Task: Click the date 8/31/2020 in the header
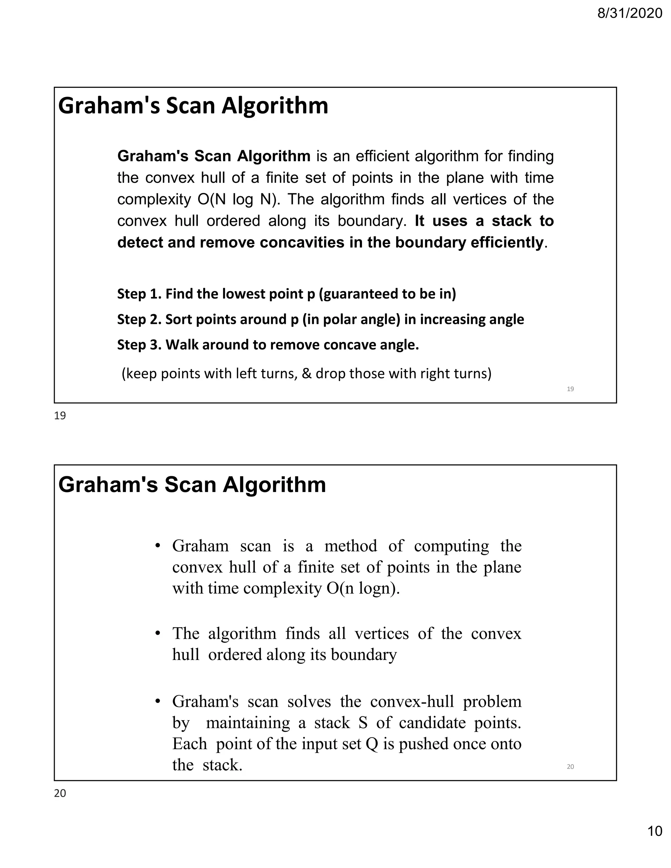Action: (630, 13)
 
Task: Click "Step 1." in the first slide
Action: (139, 294)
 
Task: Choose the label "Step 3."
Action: (139, 345)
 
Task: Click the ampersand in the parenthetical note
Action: (306, 374)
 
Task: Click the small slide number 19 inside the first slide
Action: (570, 389)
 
